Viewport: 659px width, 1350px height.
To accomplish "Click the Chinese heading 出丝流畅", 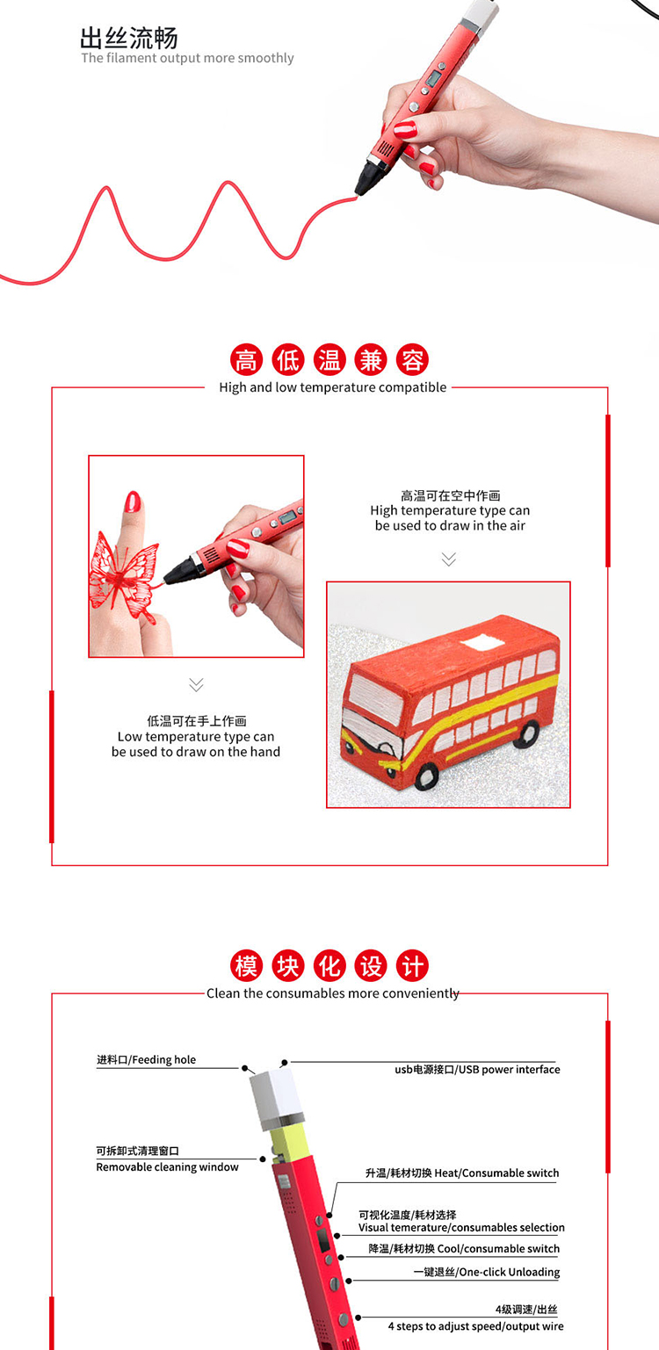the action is click(x=129, y=39).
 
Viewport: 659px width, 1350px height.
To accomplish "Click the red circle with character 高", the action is click(x=246, y=360).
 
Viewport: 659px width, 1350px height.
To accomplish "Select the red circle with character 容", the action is click(x=412, y=360).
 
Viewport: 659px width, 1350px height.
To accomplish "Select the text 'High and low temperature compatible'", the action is click(x=333, y=387).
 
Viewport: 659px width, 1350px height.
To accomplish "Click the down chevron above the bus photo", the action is click(x=449, y=559).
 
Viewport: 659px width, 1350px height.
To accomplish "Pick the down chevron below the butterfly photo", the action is click(x=196, y=684).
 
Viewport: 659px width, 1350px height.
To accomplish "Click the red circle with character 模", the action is click(x=246, y=966).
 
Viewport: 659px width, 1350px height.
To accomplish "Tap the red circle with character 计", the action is click(x=412, y=966).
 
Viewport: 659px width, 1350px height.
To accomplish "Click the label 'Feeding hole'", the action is click(x=164, y=1059).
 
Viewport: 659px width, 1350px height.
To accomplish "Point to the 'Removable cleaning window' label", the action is click(x=168, y=1167).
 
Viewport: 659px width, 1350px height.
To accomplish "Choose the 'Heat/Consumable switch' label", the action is click(x=496, y=1173).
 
